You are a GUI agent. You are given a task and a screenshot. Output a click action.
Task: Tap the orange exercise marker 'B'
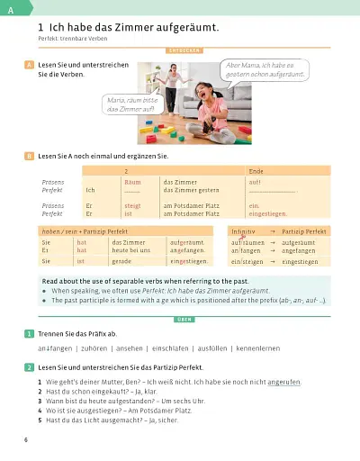pyautogui.click(x=30, y=156)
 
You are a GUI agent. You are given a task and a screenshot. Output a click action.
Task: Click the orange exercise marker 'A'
pyautogui.click(x=30, y=66)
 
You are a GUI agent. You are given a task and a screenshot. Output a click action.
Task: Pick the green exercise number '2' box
pyautogui.click(x=30, y=367)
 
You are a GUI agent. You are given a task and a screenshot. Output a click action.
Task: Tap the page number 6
pyautogui.click(x=27, y=438)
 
